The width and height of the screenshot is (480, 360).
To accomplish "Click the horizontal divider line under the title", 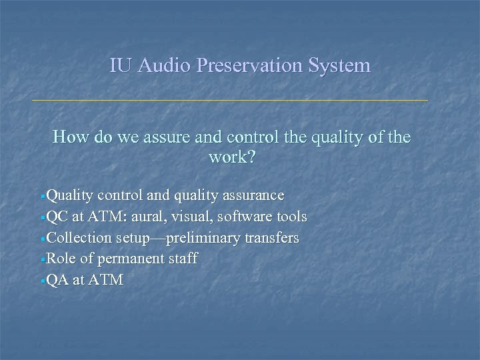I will click(x=230, y=101).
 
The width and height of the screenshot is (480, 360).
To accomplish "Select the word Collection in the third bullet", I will click(x=78, y=238).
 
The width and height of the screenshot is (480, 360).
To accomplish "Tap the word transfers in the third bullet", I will click(x=271, y=238).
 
